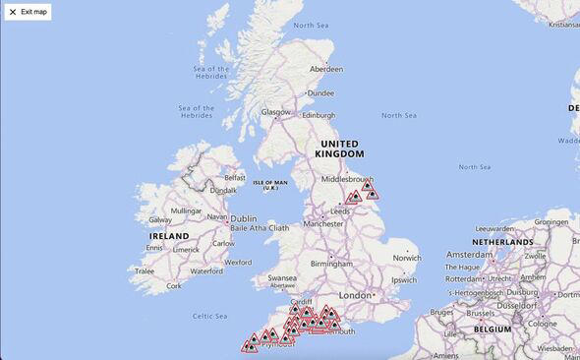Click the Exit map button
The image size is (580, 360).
pyautogui.click(x=28, y=12)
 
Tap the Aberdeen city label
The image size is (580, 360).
pyautogui.click(x=326, y=70)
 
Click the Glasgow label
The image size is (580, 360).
pyautogui.click(x=276, y=112)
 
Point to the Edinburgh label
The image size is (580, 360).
pyautogui.click(x=319, y=115)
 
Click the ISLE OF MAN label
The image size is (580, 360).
pyautogui.click(x=270, y=184)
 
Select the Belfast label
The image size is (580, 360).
pyautogui.click(x=235, y=177)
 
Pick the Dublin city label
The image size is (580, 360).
pyautogui.click(x=243, y=218)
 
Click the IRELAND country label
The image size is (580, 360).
pyautogui.click(x=168, y=236)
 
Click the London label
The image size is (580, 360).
pyautogui.click(x=355, y=295)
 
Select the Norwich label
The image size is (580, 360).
pyautogui.click(x=407, y=258)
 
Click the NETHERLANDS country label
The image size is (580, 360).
pyautogui.click(x=502, y=241)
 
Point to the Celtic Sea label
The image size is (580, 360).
pyautogui.click(x=209, y=316)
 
